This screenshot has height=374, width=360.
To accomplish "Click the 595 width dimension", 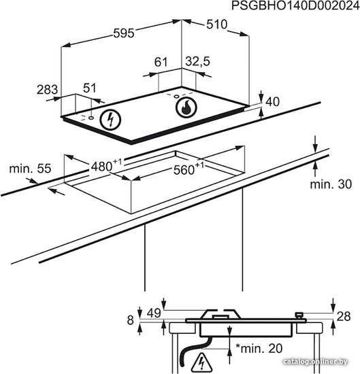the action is pyautogui.click(x=124, y=33).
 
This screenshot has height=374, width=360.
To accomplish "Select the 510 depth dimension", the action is pyautogui.click(x=217, y=24).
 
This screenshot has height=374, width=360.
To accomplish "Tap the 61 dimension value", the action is pyautogui.click(x=161, y=62).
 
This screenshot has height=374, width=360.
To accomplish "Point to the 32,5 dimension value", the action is pyautogui.click(x=197, y=61).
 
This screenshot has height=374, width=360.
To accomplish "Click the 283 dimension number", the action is pyautogui.click(x=47, y=90).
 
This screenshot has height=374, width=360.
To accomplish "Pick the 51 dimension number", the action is pyautogui.click(x=90, y=88).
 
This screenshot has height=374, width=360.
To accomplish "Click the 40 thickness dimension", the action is pyautogui.click(x=272, y=101).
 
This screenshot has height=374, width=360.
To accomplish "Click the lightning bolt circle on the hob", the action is pyautogui.click(x=110, y=120).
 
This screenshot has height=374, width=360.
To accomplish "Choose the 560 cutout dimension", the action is pyautogui.click(x=189, y=169).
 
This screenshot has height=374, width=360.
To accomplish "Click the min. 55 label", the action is pyautogui.click(x=30, y=169).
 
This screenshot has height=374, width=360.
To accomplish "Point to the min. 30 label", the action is pyautogui.click(x=331, y=184).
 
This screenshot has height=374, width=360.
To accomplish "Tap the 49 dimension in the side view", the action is pyautogui.click(x=154, y=313).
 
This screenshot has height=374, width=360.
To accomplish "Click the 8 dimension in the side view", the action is pyautogui.click(x=130, y=320).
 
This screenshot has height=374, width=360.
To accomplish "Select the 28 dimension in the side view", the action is pyautogui.click(x=344, y=316).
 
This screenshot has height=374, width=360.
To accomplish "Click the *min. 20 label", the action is pyautogui.click(x=259, y=348).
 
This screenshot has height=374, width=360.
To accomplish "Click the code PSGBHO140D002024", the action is pyautogui.click(x=295, y=5).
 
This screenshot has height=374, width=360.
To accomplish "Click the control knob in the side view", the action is pyautogui.click(x=299, y=315).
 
